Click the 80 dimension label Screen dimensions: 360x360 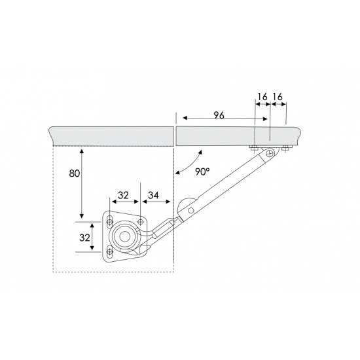[75, 173]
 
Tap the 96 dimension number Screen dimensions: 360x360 [219, 115]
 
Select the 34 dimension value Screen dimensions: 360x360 [153, 196]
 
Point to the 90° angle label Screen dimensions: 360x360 [202, 171]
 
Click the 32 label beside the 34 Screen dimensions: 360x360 [123, 196]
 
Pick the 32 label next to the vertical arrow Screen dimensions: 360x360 [84, 238]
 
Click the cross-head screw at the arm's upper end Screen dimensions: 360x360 [270, 153]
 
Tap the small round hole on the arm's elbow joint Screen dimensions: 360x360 [190, 210]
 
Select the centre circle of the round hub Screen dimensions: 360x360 [124, 237]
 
